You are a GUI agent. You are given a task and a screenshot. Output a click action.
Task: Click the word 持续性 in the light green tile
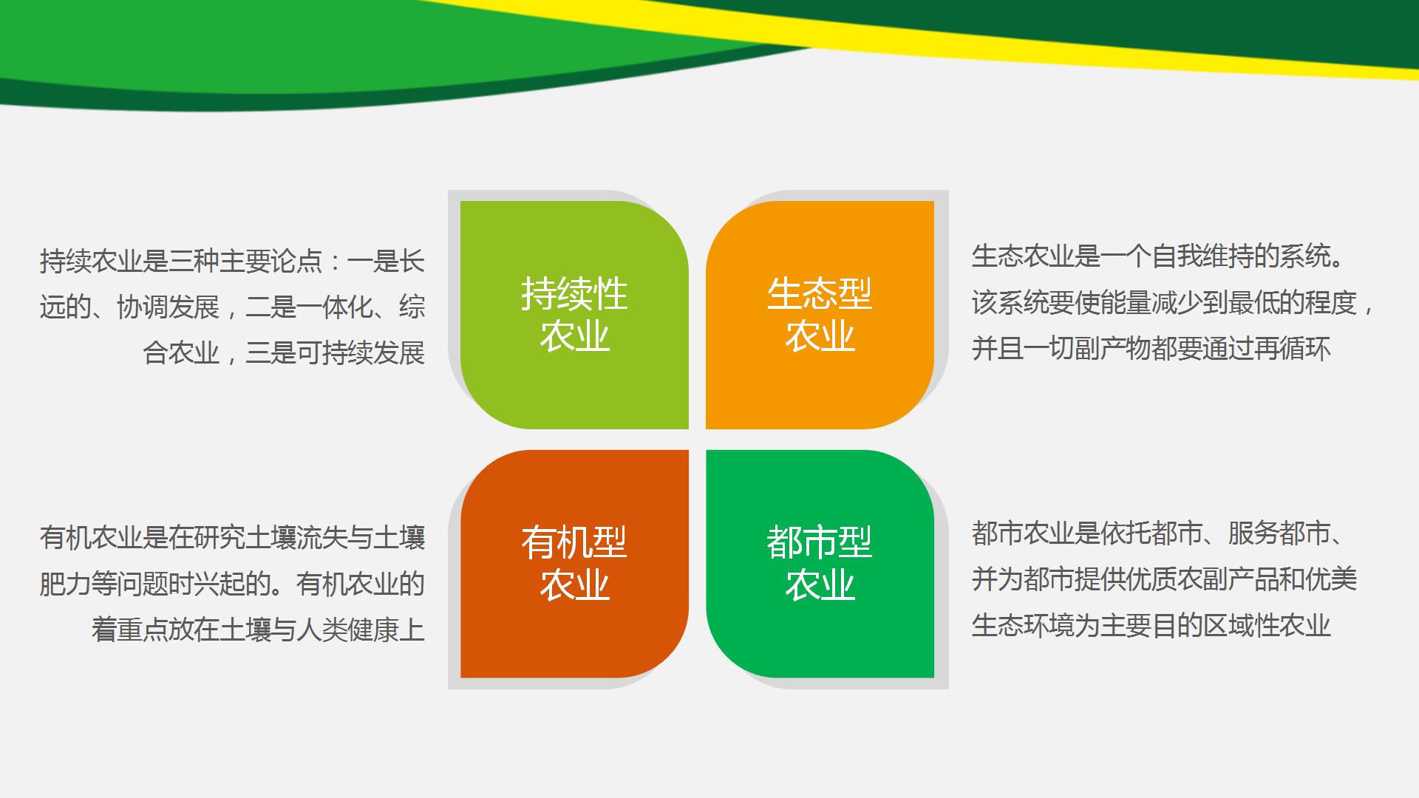pos(574,294)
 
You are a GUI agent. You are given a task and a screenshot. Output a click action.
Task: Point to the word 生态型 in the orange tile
pos(820,294)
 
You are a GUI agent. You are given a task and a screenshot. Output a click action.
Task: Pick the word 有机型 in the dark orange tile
pos(574,542)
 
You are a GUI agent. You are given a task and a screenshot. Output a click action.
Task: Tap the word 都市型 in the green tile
pos(820,542)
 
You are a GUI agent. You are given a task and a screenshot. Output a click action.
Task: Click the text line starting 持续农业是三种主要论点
pos(232,262)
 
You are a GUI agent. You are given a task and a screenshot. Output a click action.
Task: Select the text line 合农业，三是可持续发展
pos(284,353)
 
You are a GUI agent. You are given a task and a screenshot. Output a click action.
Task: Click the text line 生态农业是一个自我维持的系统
pos(1157,256)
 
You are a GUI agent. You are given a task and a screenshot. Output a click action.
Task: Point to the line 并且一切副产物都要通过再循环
pos(1151,348)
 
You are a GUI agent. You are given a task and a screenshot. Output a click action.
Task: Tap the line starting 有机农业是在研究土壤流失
pos(232,537)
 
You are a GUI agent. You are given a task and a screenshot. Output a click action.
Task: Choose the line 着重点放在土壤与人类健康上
pos(258,630)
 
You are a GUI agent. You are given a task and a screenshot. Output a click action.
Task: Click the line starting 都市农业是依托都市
pos(1157,533)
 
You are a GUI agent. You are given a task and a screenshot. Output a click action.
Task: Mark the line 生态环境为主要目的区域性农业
pos(1151,625)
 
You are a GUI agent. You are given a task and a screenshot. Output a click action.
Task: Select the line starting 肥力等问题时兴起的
pos(232,584)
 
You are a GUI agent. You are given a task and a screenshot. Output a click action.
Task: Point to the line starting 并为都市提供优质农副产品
pos(1164,579)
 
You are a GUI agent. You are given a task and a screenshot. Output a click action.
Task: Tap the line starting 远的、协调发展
pos(232,307)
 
